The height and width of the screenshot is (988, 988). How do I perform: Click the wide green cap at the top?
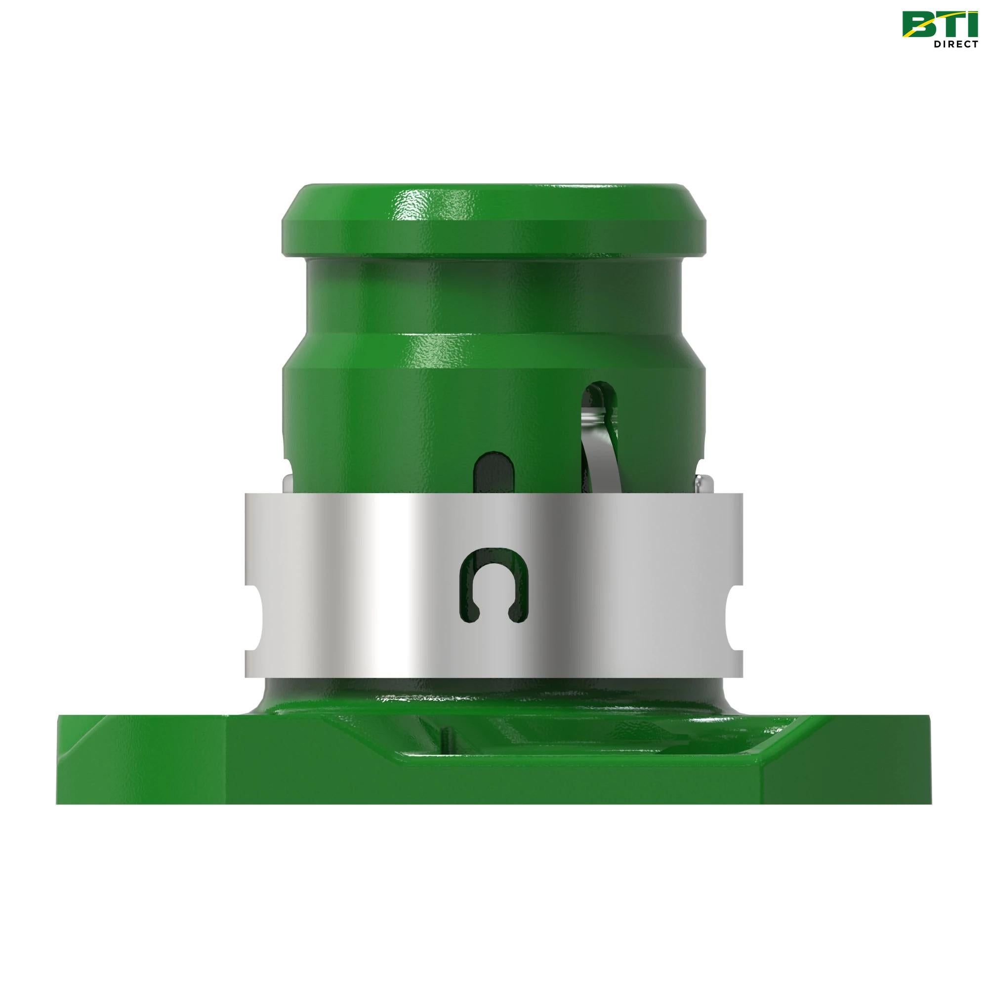click(494, 225)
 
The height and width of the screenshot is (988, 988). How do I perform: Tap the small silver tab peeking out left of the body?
click(288, 484)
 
